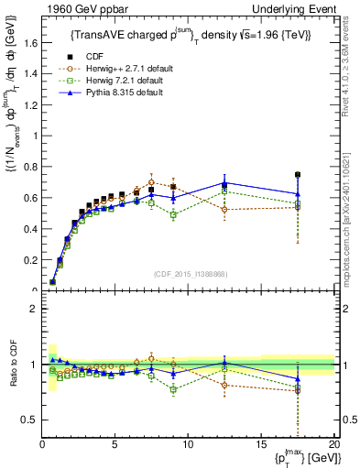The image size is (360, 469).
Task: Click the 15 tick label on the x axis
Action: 262,444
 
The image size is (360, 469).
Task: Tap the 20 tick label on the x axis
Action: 334,444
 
